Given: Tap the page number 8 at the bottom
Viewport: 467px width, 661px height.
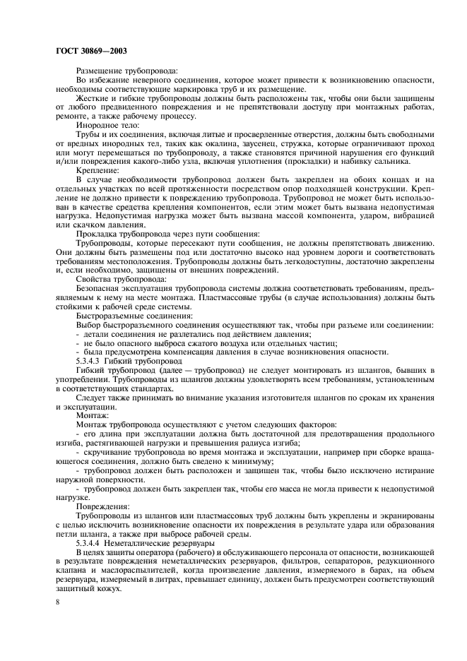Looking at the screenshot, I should click(58, 601).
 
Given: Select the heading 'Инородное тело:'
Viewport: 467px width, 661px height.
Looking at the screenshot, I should click(105, 124).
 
